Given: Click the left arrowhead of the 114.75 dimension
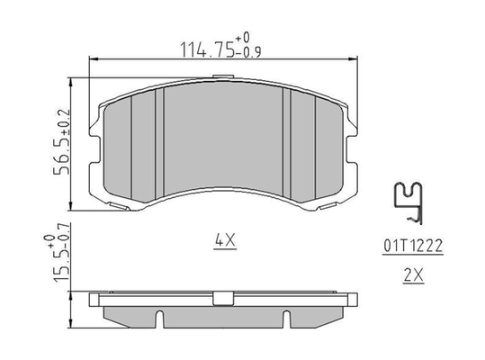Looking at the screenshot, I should point(94,59).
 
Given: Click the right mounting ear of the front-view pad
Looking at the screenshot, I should point(351,144).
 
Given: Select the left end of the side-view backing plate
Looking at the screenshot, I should point(95,297).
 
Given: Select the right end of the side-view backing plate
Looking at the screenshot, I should point(354,297).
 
